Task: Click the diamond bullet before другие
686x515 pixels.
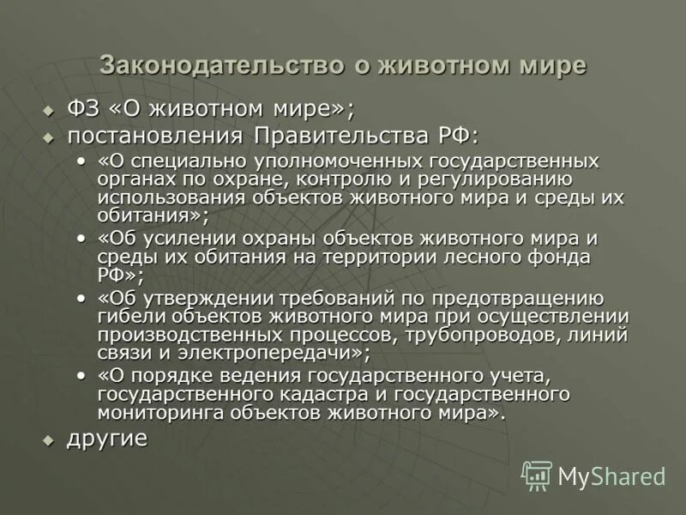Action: click(x=49, y=439)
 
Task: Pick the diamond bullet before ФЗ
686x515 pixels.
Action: click(x=49, y=111)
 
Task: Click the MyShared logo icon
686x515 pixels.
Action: click(x=537, y=476)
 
